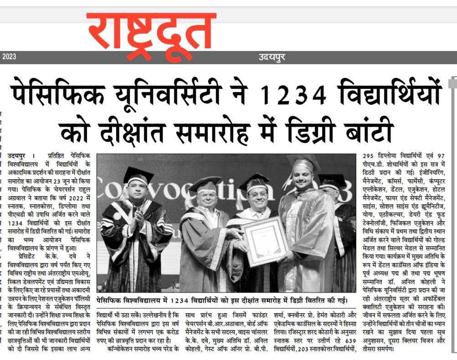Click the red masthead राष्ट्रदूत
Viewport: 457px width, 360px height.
(x=151, y=33)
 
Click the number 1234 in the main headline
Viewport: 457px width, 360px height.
(x=293, y=94)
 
